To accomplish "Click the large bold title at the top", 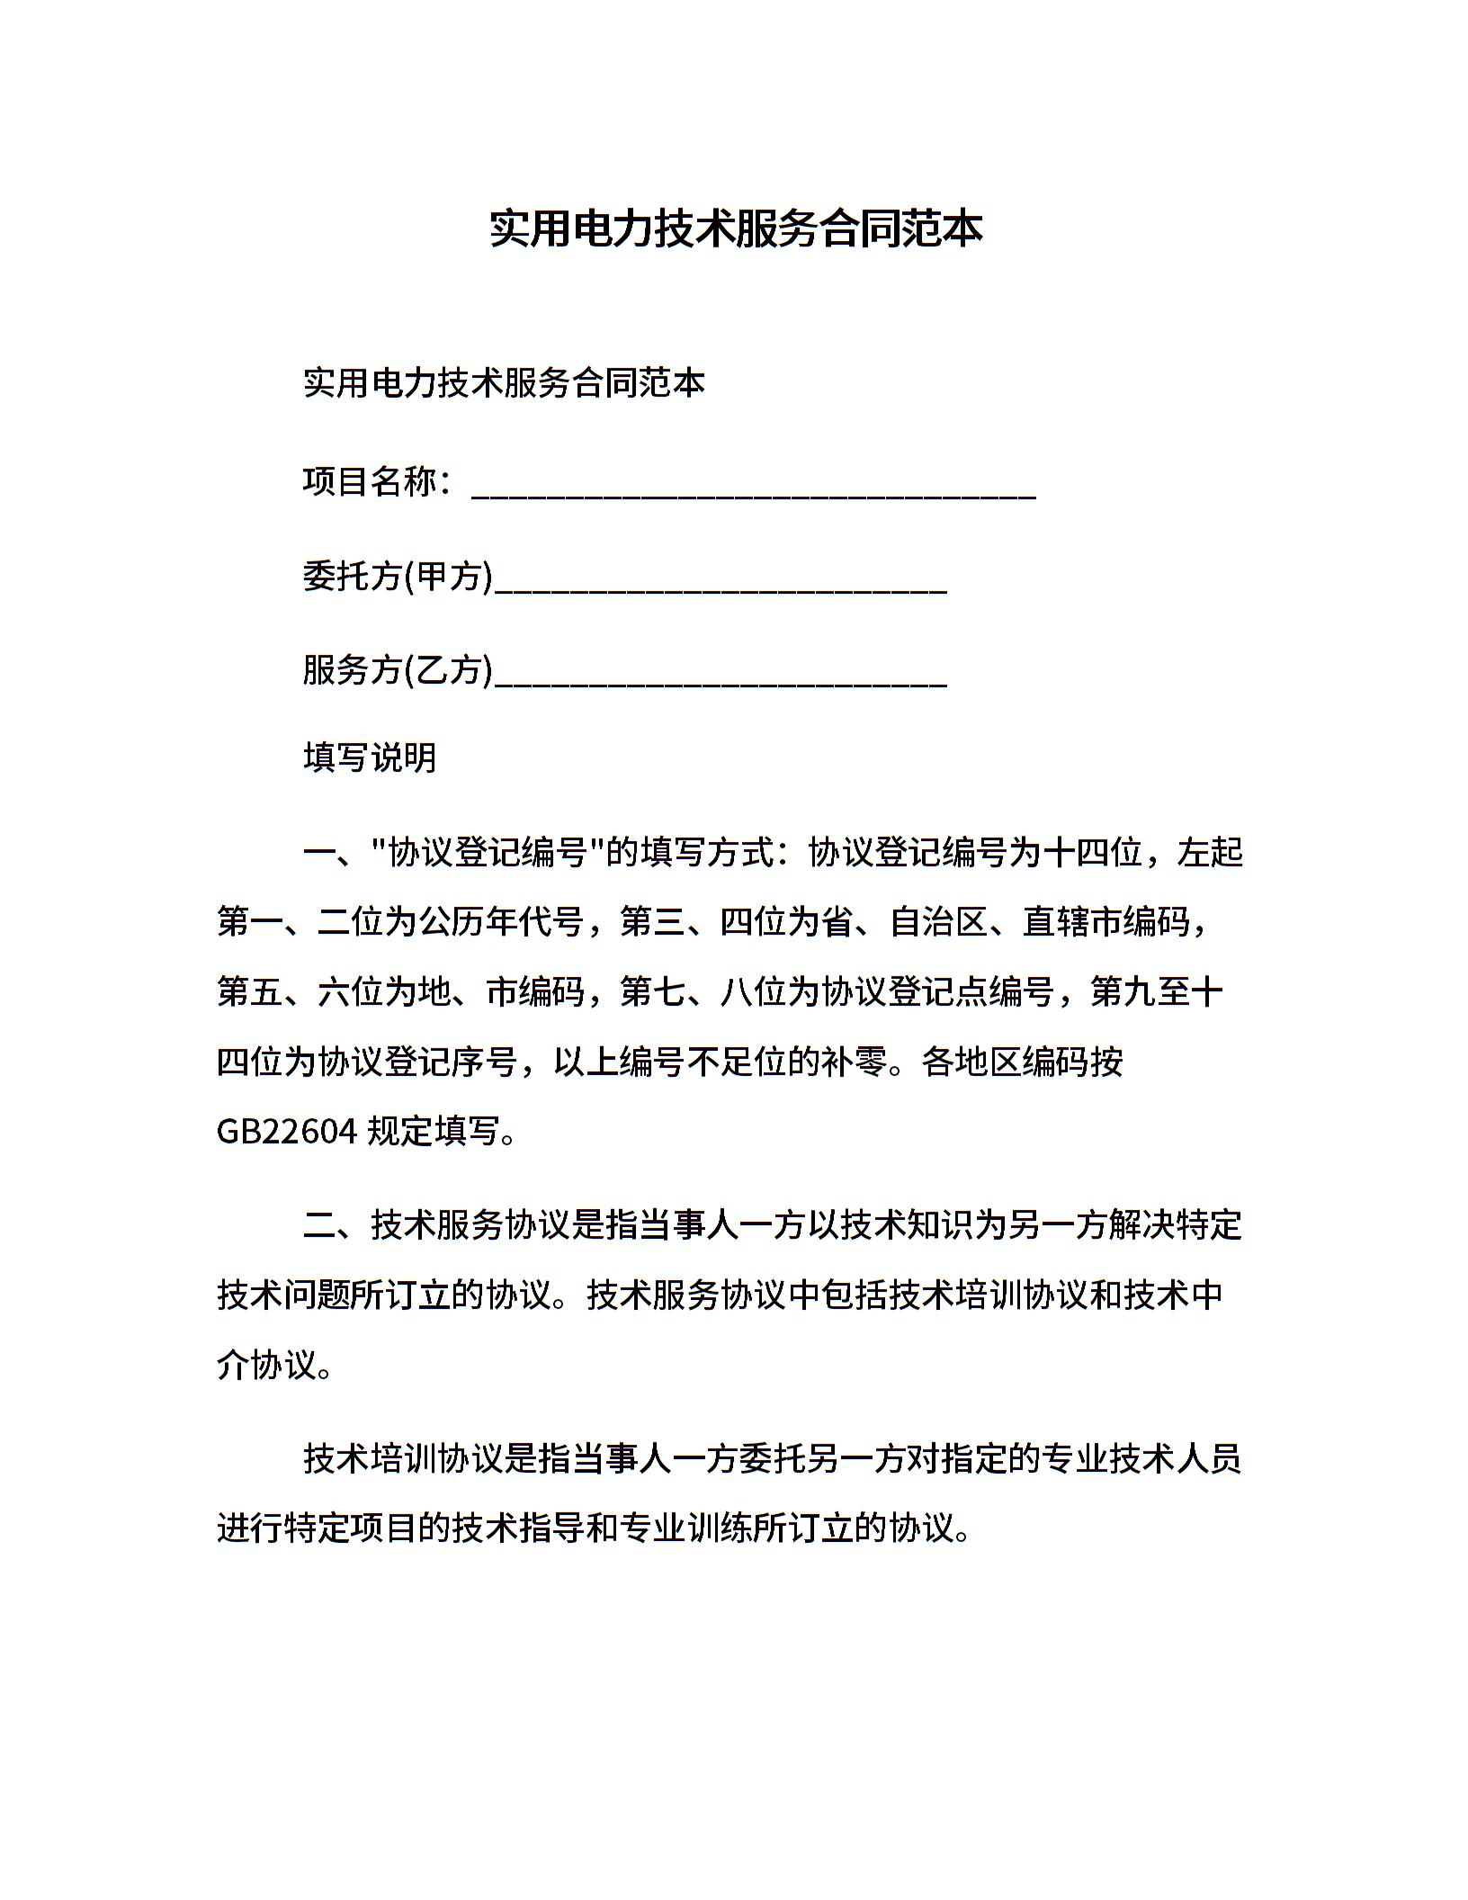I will pos(735,229).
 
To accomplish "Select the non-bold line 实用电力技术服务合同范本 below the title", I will pos(504,383).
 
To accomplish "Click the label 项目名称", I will pos(370,482).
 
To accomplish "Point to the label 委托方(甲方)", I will pos(398,577).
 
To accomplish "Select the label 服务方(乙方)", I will pos(398,670).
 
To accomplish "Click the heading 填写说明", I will pos(370,758).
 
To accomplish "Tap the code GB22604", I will pos(288,1132).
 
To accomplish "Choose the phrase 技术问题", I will pos(284,1295).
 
